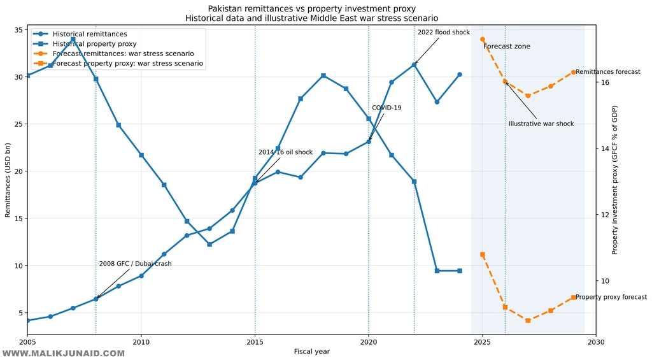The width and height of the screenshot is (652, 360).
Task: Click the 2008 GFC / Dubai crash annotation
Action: tap(135, 264)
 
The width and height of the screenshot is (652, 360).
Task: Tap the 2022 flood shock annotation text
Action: tap(443, 32)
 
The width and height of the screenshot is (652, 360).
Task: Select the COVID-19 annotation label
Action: tap(386, 108)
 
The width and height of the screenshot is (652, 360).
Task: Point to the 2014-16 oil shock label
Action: tap(285, 152)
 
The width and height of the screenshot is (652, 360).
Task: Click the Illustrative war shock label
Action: tap(541, 124)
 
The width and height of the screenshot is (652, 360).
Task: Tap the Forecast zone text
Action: tap(506, 47)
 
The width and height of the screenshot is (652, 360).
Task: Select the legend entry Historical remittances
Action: tap(90, 34)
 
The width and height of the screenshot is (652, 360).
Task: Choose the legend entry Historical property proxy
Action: tap(94, 44)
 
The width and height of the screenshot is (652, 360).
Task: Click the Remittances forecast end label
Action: tap(607, 72)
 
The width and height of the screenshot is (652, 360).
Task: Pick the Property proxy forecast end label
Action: tap(611, 297)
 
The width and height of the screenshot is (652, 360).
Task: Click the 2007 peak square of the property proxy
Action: tap(73, 40)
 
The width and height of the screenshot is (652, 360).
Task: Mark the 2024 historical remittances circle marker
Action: tap(459, 75)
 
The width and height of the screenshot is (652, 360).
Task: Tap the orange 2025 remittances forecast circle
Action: tap(482, 40)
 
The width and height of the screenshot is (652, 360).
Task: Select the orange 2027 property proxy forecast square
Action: tap(528, 320)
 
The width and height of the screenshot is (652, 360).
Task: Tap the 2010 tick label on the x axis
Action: tap(141, 342)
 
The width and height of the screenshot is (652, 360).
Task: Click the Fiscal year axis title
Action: tap(311, 352)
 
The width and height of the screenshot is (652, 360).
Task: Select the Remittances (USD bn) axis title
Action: tap(8, 180)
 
